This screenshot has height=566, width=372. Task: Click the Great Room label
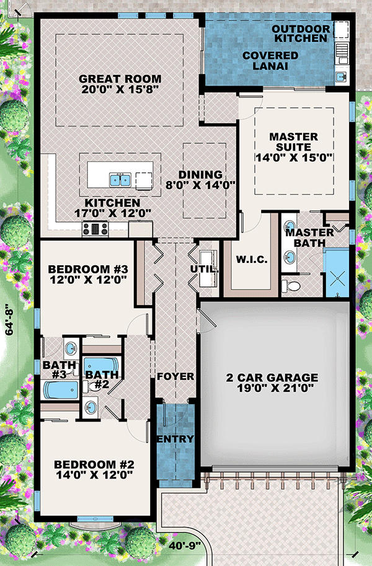(x=120, y=79)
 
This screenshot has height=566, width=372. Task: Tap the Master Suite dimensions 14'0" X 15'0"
(x=293, y=157)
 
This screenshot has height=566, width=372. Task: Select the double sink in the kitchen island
(x=120, y=180)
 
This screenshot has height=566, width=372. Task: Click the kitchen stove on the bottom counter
(x=95, y=229)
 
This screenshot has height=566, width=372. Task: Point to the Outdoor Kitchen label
(x=301, y=33)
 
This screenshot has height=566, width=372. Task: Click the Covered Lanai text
(x=270, y=61)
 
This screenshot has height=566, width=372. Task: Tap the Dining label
(x=201, y=175)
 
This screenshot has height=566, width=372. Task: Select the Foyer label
(x=175, y=376)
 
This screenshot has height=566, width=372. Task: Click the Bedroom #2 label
(x=94, y=465)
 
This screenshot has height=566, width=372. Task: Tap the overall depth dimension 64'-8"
(x=8, y=319)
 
